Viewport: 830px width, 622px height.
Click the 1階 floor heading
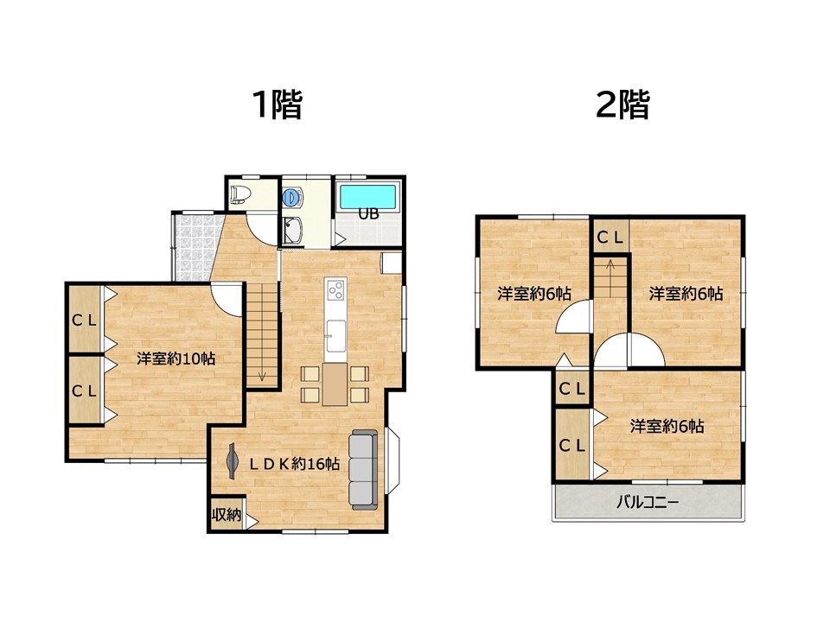(277, 106)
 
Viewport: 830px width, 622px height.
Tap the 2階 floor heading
(622, 106)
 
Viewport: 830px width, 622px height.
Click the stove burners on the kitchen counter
(335, 289)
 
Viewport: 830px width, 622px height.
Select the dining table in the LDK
(335, 384)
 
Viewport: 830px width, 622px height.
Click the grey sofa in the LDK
(364, 468)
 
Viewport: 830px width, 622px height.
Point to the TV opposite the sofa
(232, 461)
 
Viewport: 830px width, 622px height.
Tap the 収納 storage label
(226, 515)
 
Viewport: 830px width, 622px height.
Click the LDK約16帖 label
(294, 465)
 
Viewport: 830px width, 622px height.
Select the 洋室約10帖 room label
(176, 359)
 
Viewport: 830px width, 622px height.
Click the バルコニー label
(648, 501)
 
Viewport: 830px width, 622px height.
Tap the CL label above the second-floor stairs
(610, 236)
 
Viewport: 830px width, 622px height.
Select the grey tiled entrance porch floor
(192, 245)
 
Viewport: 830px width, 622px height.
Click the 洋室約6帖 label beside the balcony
(666, 426)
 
